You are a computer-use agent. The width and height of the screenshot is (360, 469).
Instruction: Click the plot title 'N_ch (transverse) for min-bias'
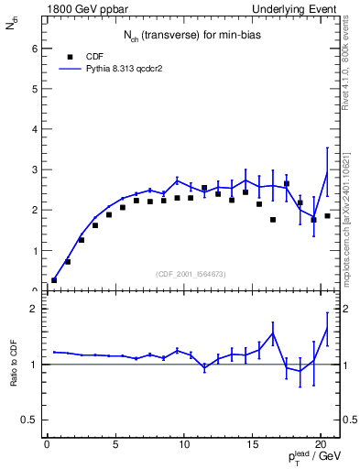click(190, 36)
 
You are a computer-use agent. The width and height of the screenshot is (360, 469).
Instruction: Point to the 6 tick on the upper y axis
click(36, 49)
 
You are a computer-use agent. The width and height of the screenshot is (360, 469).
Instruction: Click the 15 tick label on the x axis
click(252, 446)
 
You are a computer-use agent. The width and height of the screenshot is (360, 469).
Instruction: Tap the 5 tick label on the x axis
click(115, 446)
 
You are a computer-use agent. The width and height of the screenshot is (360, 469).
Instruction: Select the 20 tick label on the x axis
click(320, 446)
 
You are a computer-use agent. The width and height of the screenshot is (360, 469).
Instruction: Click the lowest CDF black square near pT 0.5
click(54, 280)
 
